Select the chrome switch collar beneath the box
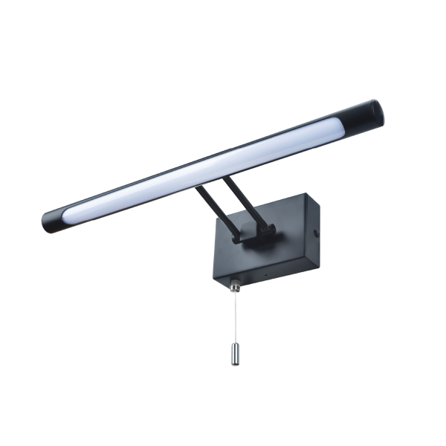tap(236, 284)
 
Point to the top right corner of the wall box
tap(305, 195)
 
